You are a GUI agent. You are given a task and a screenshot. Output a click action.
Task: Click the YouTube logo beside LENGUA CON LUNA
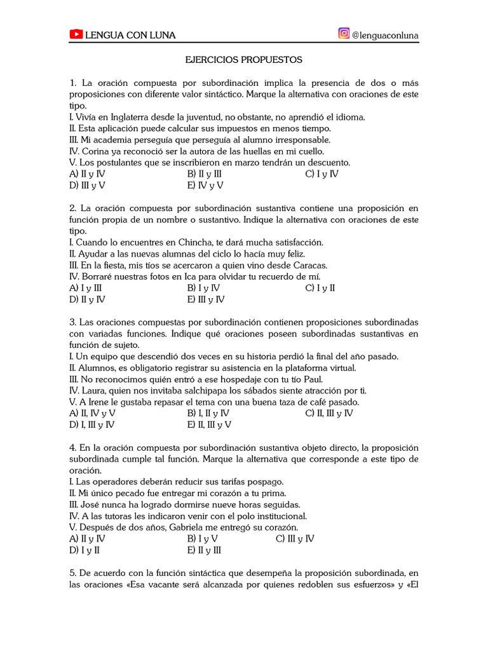[x=76, y=35]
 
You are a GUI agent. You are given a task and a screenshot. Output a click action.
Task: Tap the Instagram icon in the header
[x=344, y=34]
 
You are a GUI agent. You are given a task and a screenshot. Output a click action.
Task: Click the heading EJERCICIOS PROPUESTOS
[x=244, y=60]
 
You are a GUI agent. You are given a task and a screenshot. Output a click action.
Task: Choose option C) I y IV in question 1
[x=322, y=174]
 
